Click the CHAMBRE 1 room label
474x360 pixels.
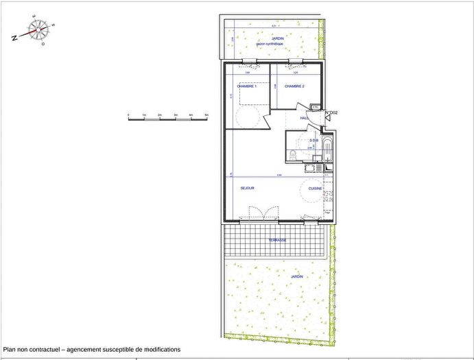coord(246,86)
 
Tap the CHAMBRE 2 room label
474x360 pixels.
coord(294,86)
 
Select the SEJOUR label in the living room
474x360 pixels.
coord(248,187)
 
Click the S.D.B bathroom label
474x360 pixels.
coord(313,140)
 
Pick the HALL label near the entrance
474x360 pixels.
coord(305,118)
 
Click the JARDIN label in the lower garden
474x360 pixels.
coord(296,276)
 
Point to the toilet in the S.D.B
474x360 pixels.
coord(293,154)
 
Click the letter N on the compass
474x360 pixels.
coord(14,38)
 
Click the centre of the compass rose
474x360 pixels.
coord(39,29)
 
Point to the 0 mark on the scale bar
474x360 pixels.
coord(128,115)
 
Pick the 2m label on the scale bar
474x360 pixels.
coord(160,115)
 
